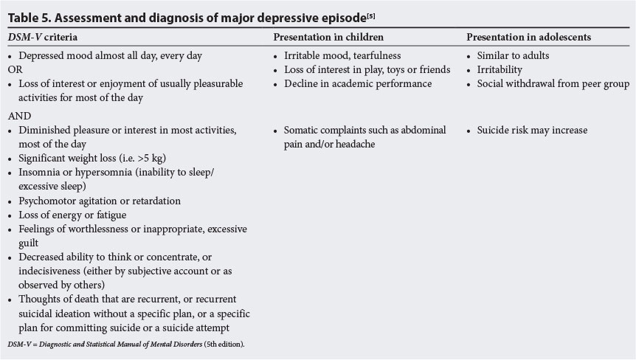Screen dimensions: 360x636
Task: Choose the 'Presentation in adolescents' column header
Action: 528,36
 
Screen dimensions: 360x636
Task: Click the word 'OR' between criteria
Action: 15,69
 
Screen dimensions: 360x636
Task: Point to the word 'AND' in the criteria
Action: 18,116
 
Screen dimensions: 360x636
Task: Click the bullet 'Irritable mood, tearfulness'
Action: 341,55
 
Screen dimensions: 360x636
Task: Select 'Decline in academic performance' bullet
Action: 358,83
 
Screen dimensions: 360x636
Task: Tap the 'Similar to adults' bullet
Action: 513,55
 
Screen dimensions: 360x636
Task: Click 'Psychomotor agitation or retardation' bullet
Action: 100,201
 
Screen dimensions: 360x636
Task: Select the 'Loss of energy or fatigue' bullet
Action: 72,215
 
